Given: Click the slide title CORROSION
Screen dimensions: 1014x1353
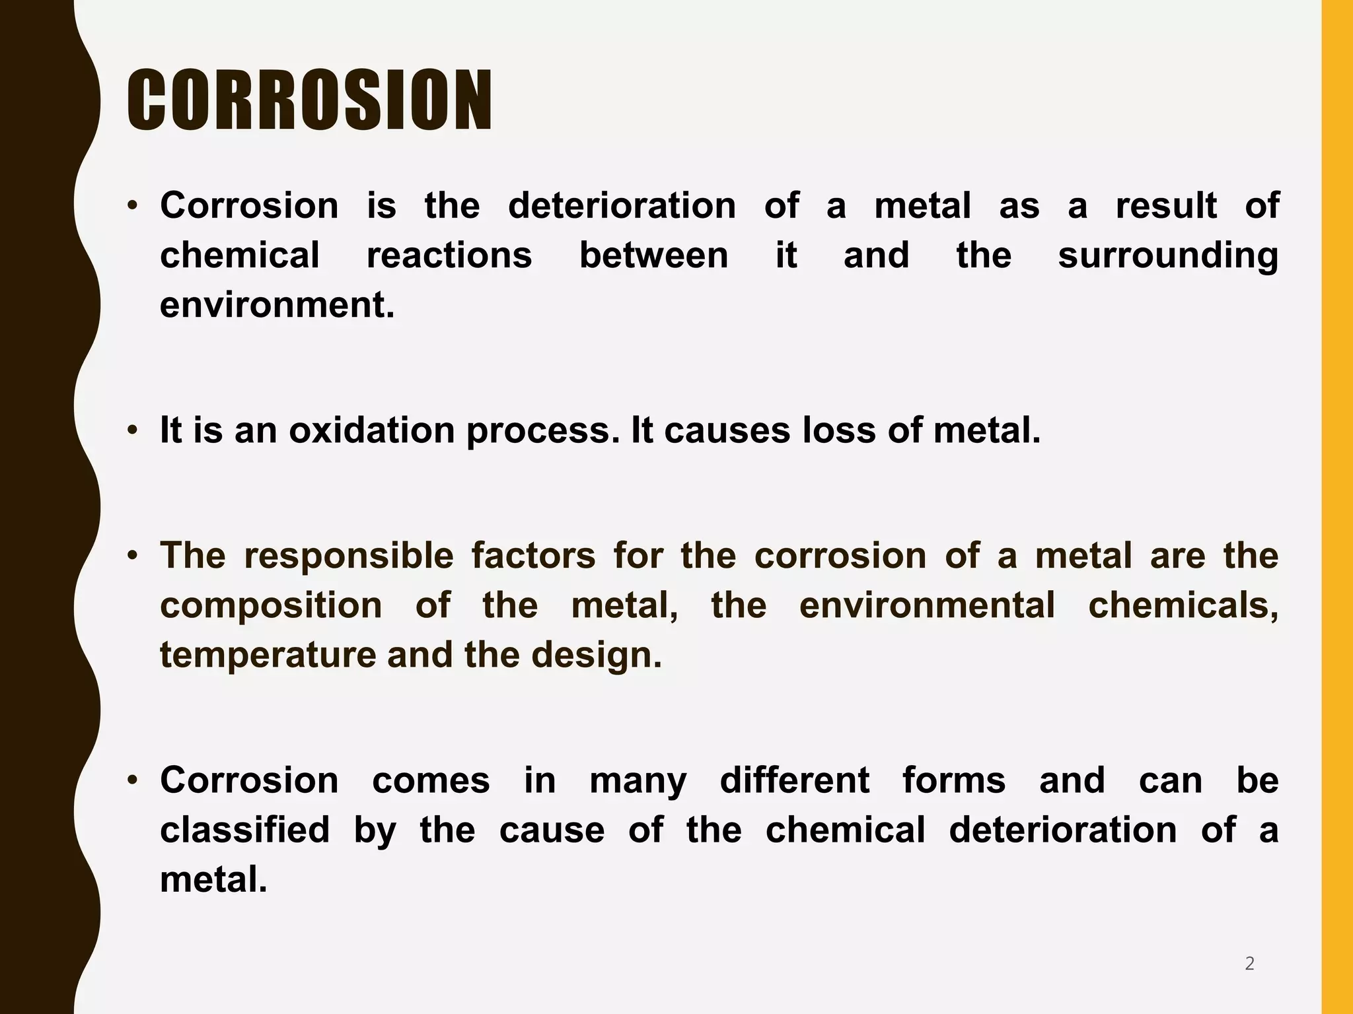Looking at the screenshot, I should point(309,100).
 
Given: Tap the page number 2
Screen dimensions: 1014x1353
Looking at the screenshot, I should point(1249,964).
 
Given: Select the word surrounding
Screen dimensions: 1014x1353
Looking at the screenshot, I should point(1168,256).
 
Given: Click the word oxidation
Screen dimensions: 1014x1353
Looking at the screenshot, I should point(371,430).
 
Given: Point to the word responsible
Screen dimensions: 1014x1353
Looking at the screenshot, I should point(349,556).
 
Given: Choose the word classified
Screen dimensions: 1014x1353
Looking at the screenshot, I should point(244,830).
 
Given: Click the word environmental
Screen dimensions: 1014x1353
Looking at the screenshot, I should point(927,605).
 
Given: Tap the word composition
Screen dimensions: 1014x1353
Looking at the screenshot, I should point(271,607).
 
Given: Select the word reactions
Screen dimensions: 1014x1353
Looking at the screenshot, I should point(449,255).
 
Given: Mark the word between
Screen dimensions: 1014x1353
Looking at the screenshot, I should point(653,255).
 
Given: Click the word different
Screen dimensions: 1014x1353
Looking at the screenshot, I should point(794,780).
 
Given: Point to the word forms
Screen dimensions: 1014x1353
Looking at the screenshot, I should point(953,780).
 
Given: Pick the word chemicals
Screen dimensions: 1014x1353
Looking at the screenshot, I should point(1183,605).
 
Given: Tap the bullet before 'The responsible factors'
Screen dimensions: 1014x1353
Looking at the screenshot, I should point(133,555).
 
